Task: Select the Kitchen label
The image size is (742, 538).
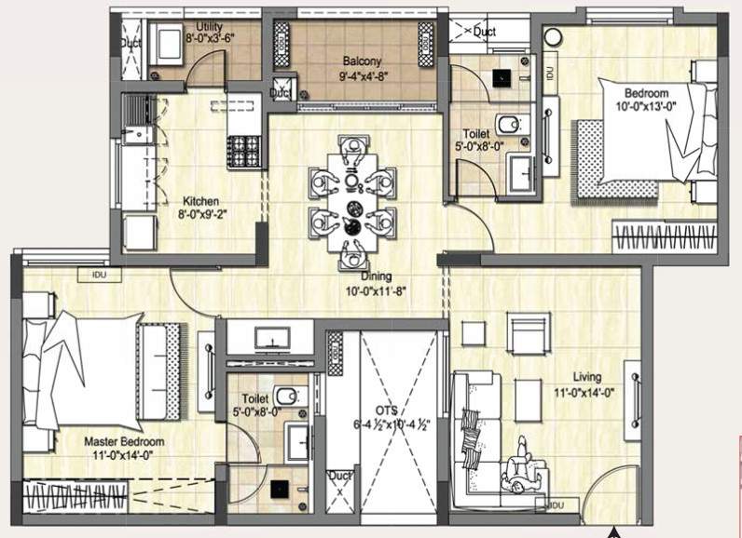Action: click(200, 201)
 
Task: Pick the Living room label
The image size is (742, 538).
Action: click(587, 377)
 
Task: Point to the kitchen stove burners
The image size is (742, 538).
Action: click(244, 146)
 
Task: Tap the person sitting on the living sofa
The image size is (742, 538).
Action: click(515, 470)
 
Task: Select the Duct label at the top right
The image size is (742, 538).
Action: click(485, 33)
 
